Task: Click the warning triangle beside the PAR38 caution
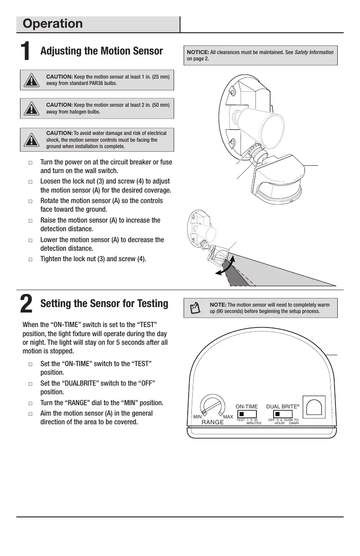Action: pos(31,80)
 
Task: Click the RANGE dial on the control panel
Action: pos(212,405)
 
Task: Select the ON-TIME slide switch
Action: pos(247,414)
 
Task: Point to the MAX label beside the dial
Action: pos(228,417)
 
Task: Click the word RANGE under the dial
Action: pos(213,422)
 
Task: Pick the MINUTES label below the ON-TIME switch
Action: pos(254,423)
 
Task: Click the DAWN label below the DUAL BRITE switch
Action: pos(294,423)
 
